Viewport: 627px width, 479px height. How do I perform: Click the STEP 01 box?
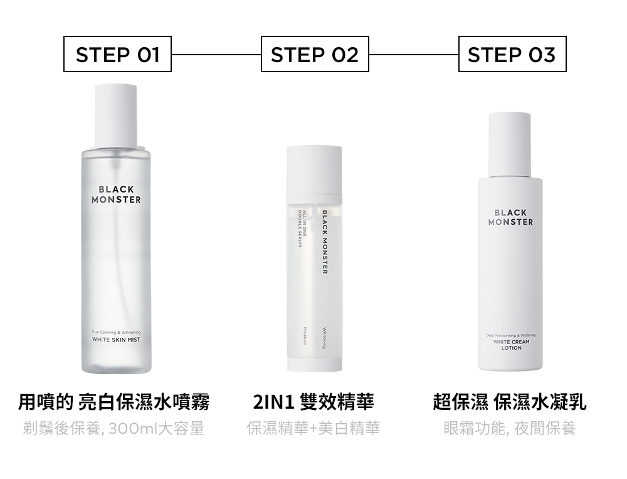117,55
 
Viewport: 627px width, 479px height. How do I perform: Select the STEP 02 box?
315,55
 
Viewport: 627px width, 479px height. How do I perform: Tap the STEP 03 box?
512,55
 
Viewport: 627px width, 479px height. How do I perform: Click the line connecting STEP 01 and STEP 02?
216,55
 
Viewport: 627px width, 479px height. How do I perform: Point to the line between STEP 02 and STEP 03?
414,55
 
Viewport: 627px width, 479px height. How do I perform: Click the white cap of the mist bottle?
116,114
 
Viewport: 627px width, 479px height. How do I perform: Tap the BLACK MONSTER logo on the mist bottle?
116,195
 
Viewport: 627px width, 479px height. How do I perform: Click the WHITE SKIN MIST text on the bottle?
116,340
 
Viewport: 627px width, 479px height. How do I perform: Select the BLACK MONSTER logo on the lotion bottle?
511,218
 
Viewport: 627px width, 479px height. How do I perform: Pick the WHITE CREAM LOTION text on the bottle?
511,345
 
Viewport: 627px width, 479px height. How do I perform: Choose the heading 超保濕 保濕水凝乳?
510,402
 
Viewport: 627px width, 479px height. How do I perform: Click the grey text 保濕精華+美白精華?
313,429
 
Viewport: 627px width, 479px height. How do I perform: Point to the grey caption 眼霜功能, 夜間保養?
509,429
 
